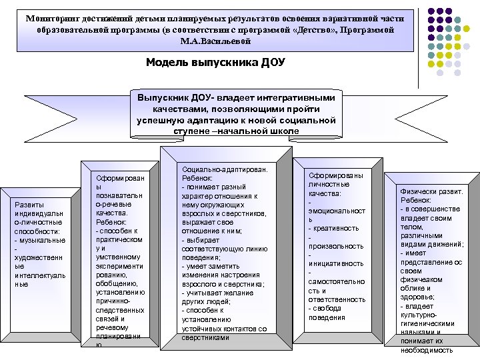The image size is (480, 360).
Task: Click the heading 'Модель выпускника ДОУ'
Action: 215,63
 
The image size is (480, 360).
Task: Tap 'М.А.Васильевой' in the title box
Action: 215,41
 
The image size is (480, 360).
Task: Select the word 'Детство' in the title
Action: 299,31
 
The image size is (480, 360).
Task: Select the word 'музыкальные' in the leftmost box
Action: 42,240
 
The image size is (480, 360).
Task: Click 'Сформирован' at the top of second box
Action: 119,179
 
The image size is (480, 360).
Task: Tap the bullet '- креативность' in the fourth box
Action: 333,229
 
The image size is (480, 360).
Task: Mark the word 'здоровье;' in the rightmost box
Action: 418,297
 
